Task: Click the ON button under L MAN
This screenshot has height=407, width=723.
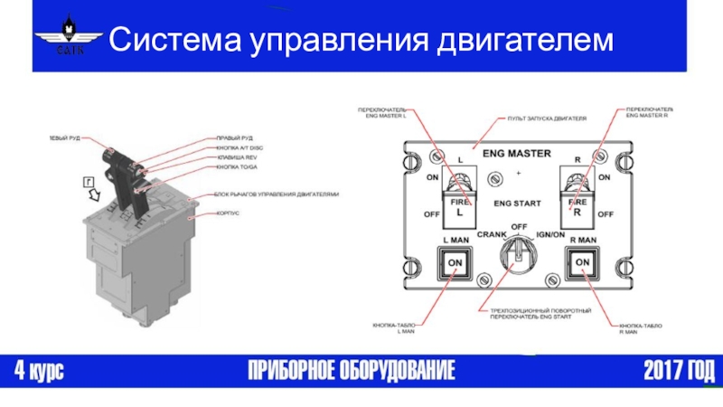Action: pos(455,262)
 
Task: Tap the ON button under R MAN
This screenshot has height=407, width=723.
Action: pos(583,262)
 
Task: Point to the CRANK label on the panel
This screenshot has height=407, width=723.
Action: pos(493,234)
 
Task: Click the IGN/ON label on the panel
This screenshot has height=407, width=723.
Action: pos(549,234)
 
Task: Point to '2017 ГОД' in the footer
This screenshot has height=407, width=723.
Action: pos(678,370)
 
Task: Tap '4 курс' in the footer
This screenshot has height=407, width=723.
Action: pos(38,370)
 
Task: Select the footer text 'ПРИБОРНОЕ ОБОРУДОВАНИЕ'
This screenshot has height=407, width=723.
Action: pos(352,370)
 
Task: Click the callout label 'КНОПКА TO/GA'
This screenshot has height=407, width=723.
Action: pos(237,167)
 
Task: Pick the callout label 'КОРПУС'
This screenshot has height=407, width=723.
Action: pos(227,214)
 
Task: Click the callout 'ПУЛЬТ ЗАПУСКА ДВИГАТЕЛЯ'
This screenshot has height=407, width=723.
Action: pos(547,118)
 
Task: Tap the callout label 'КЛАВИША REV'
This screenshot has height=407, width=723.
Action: pos(237,157)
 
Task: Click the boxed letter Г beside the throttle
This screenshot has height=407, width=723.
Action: pos(89,181)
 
